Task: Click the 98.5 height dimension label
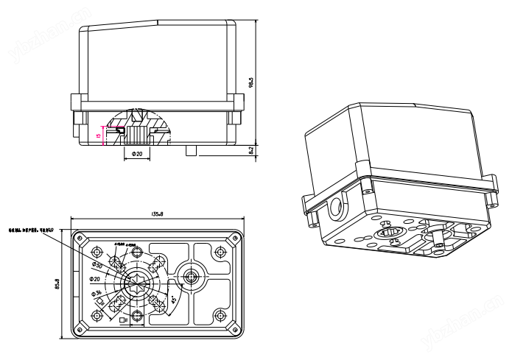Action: pyautogui.click(x=251, y=82)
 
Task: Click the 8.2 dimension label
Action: pyautogui.click(x=251, y=150)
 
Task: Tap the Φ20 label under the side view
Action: pyautogui.click(x=137, y=154)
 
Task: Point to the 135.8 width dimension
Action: pyautogui.click(x=157, y=214)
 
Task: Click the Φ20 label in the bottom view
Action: pyautogui.click(x=95, y=279)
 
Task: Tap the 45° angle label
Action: pyautogui.click(x=173, y=300)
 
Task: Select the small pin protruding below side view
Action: pyautogui.click(x=192, y=150)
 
